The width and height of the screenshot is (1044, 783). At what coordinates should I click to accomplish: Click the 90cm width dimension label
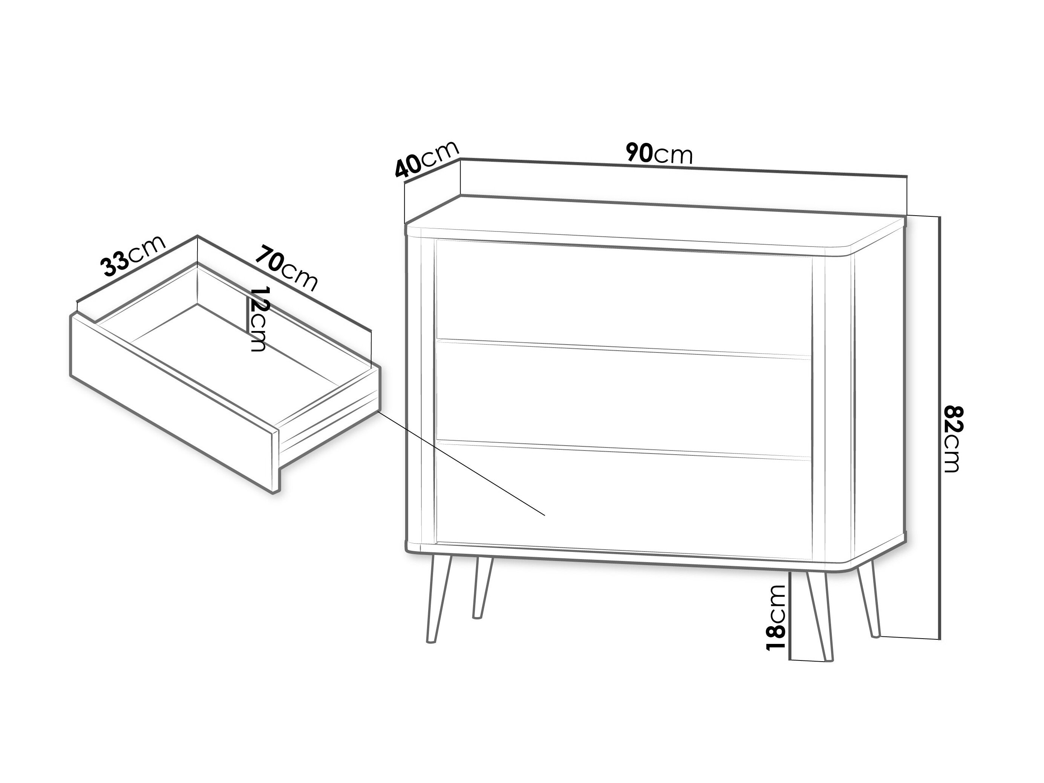pyautogui.click(x=659, y=153)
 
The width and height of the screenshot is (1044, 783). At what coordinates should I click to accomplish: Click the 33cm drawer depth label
pyautogui.click(x=133, y=256)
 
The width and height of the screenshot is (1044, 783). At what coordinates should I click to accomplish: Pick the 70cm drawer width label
pyautogui.click(x=286, y=268)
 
